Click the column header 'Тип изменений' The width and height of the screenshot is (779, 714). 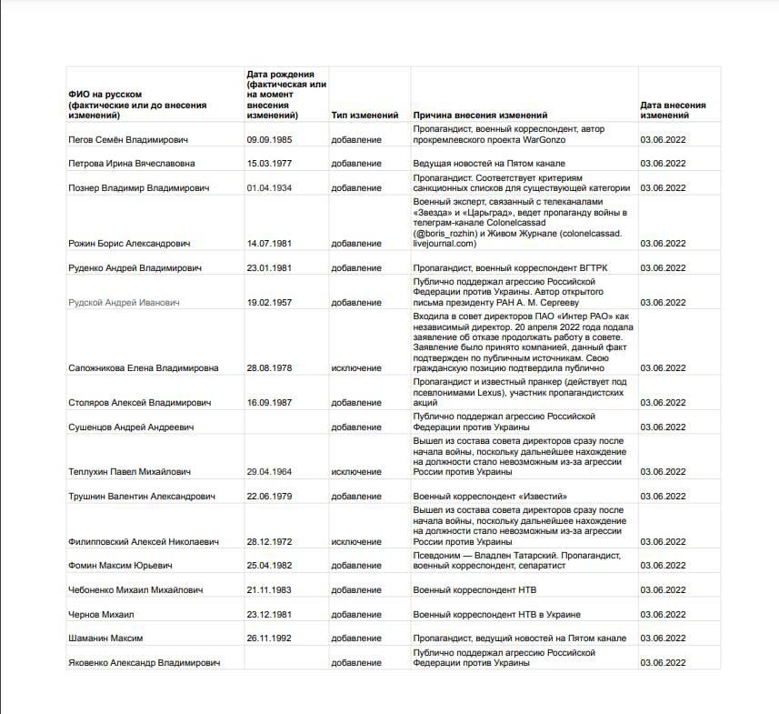365,116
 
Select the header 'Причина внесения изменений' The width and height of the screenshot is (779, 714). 480,116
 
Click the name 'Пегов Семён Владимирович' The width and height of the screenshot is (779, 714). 128,141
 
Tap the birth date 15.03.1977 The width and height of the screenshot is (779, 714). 269,164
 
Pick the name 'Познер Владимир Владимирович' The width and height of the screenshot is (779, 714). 139,188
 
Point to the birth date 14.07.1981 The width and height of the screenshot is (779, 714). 269,244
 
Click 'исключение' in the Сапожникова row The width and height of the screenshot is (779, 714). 356,368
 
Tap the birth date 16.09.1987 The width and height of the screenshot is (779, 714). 269,402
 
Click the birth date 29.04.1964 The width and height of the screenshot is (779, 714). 269,472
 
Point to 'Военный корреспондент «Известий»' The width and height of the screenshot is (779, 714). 491,497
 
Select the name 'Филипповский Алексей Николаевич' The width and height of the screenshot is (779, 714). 144,542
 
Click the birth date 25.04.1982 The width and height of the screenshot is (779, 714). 269,566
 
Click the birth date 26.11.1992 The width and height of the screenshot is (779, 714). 269,639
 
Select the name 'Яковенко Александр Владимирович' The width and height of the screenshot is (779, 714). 144,663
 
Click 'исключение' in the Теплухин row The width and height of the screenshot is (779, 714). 356,472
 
